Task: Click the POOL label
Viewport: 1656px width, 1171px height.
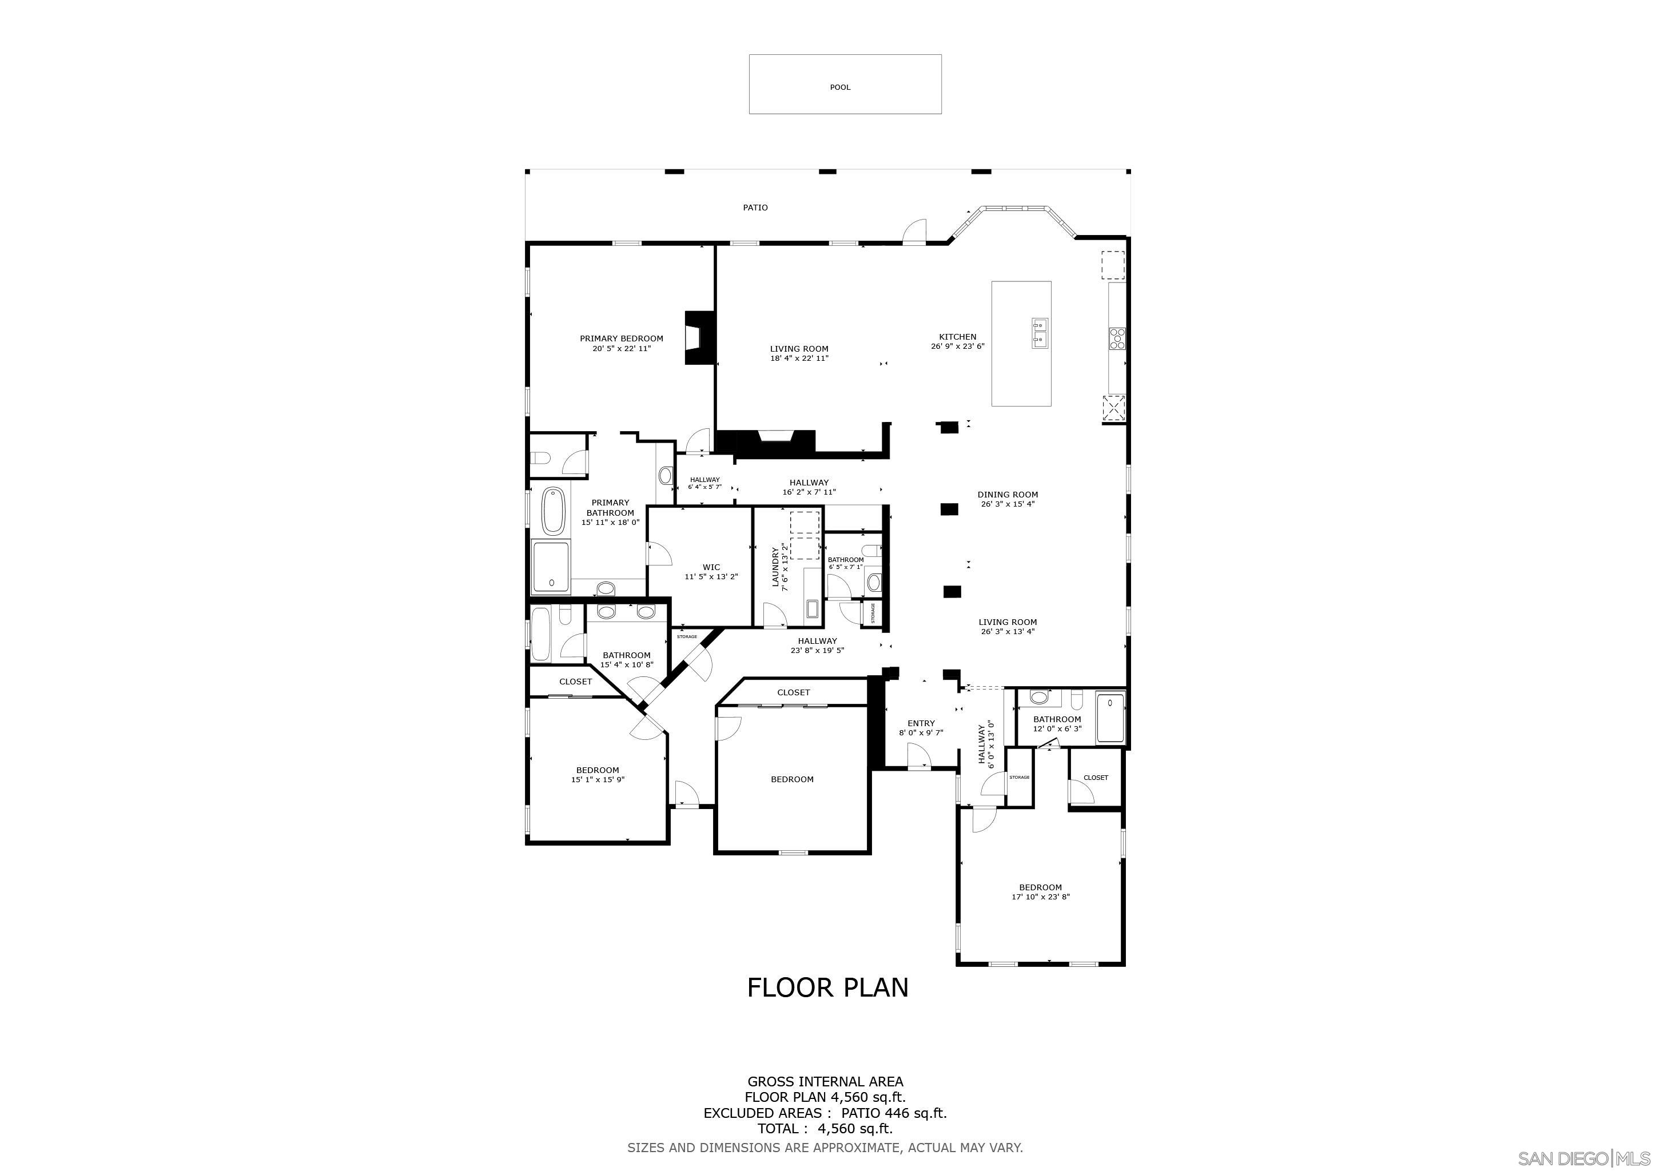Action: tap(839, 87)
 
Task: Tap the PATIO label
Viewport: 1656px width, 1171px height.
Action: tap(755, 208)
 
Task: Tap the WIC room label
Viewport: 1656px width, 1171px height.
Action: tap(711, 567)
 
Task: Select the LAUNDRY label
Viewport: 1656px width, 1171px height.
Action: tap(776, 567)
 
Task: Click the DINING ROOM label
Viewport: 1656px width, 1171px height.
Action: tap(1008, 495)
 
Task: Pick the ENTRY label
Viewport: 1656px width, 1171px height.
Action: tap(921, 723)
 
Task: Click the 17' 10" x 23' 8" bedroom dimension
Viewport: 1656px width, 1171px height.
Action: tap(1040, 897)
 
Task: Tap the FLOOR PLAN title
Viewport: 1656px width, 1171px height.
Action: tap(827, 987)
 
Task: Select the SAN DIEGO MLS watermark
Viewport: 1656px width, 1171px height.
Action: tap(1584, 1158)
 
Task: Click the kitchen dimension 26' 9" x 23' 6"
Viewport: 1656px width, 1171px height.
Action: tap(957, 346)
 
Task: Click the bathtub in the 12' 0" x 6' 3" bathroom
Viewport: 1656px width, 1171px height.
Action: tap(1110, 718)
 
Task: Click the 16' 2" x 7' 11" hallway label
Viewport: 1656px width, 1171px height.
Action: tap(809, 492)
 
